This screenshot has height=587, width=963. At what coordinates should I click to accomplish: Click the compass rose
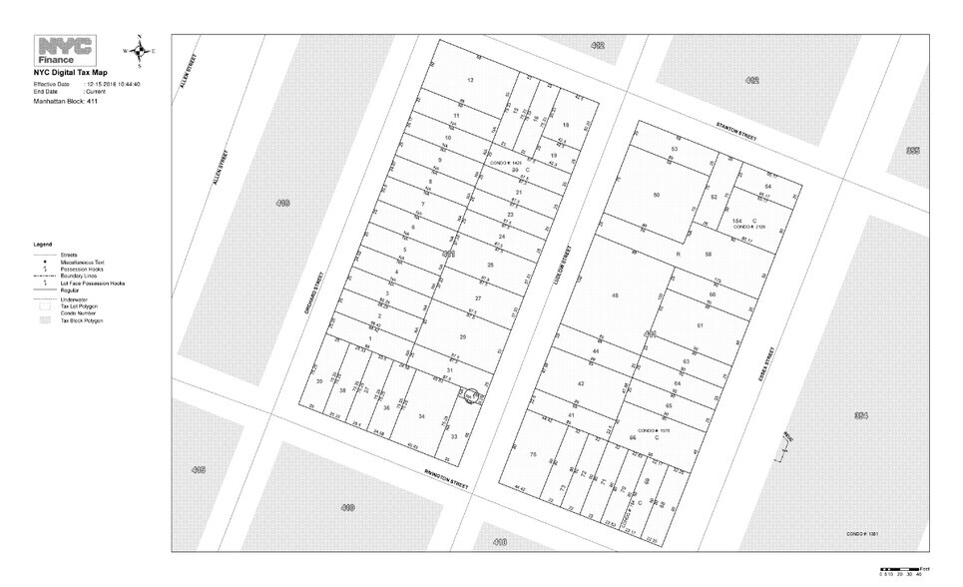[140, 50]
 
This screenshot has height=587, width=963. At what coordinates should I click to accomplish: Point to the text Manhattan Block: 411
[65, 102]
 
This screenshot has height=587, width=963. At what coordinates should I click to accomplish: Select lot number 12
[469, 80]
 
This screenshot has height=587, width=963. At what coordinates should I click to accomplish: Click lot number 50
[656, 195]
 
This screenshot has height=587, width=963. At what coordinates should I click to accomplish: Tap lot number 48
[615, 295]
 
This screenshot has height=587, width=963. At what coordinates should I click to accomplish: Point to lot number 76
[533, 455]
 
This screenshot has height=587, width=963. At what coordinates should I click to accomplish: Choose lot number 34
[422, 416]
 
